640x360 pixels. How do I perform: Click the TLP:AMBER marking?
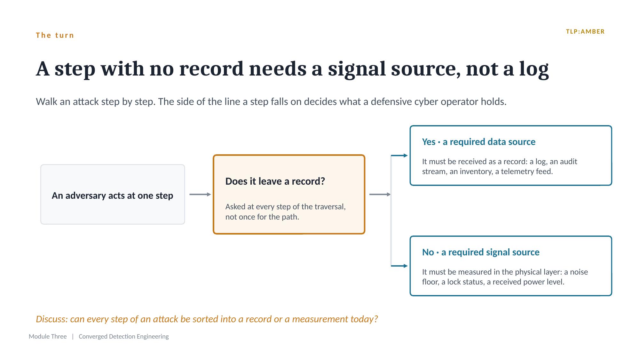point(585,32)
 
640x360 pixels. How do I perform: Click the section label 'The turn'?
point(55,35)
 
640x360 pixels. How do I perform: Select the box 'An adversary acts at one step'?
point(113,195)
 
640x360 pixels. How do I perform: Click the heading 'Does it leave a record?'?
point(275,181)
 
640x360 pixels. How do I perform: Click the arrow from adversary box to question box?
point(200,195)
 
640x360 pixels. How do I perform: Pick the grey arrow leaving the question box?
point(380,195)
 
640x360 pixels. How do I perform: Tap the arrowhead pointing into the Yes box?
point(406,156)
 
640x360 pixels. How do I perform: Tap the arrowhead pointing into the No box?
point(406,266)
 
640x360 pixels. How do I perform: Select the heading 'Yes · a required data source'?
point(479,142)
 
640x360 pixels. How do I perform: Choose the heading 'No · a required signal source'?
point(481,252)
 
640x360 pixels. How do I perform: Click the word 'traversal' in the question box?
point(330,207)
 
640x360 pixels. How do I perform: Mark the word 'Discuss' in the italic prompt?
point(51,319)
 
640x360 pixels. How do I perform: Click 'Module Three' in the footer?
point(48,336)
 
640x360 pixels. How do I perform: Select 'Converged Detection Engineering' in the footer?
point(124,336)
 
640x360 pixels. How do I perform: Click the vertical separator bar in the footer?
point(73,336)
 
